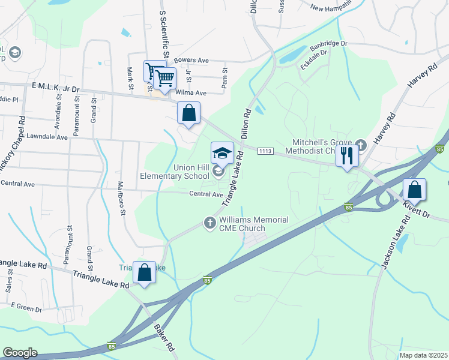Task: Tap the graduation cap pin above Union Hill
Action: coord(222,153)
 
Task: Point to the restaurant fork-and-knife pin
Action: coord(347,156)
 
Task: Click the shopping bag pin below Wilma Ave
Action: coord(188,113)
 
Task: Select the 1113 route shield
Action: coord(266,150)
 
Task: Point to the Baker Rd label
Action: coord(163,338)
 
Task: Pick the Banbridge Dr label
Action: coord(328,45)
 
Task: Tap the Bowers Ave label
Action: coord(190,61)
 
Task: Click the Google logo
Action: coord(20,353)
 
